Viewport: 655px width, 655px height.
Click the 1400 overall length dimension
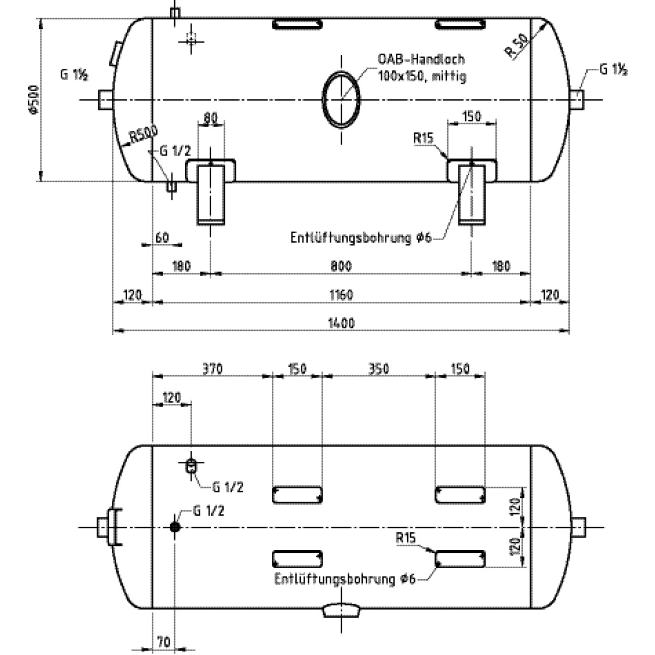click(x=342, y=323)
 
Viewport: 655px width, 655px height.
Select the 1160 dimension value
click(x=342, y=295)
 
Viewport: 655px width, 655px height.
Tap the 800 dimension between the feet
click(x=341, y=266)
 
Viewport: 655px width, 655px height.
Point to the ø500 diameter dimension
click(x=34, y=100)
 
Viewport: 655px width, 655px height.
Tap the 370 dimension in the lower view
click(x=212, y=369)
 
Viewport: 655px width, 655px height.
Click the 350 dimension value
click(x=378, y=369)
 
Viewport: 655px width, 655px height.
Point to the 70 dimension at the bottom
click(x=163, y=642)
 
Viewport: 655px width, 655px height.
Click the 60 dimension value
click(x=162, y=237)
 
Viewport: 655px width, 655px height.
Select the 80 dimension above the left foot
click(x=210, y=117)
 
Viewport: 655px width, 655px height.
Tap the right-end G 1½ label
click(x=612, y=70)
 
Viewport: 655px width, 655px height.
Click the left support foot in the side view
click(x=210, y=194)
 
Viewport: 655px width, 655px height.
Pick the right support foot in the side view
click(x=472, y=194)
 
